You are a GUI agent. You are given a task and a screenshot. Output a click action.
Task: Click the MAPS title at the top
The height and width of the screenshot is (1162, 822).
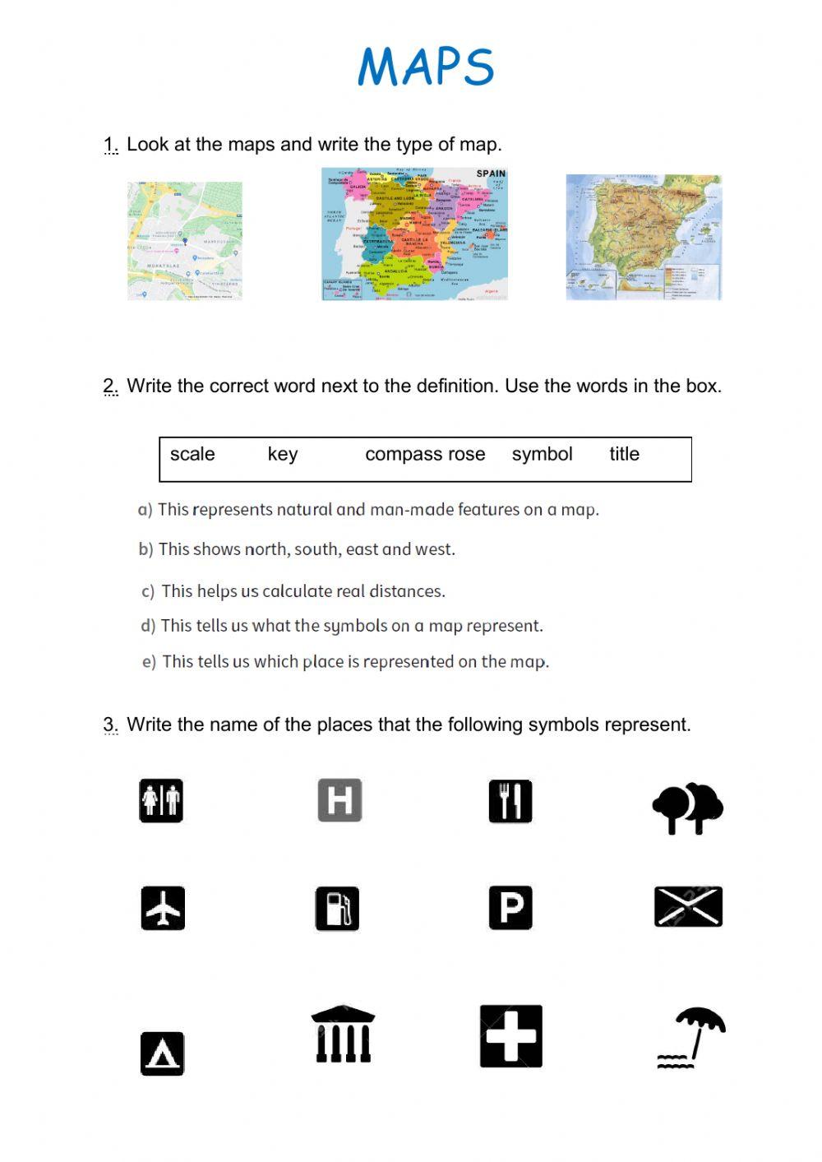click(x=426, y=67)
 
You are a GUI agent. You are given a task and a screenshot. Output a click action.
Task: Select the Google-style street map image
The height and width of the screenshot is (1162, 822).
click(x=185, y=241)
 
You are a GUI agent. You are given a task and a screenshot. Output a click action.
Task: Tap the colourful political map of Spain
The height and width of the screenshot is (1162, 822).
click(x=414, y=234)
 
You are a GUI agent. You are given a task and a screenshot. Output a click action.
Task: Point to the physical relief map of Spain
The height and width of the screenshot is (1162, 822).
click(x=644, y=237)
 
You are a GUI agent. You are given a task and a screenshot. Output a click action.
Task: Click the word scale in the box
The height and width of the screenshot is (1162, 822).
click(x=192, y=454)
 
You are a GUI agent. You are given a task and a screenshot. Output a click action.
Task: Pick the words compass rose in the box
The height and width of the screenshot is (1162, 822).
click(x=425, y=454)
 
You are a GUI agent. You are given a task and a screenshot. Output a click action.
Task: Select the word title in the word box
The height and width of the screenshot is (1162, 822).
click(x=624, y=454)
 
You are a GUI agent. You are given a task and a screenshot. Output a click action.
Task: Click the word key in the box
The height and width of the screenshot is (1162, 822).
click(x=283, y=454)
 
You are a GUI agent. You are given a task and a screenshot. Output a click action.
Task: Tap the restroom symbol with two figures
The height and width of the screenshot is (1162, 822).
click(x=161, y=801)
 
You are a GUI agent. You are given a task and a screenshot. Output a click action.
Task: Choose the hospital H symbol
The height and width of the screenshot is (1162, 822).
click(x=339, y=800)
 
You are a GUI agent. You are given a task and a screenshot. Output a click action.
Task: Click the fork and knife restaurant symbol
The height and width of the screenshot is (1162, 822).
click(x=510, y=802)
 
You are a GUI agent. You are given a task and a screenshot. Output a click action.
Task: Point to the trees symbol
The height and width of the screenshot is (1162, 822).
click(x=687, y=808)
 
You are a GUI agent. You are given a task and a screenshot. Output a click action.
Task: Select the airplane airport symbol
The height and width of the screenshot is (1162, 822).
click(x=163, y=908)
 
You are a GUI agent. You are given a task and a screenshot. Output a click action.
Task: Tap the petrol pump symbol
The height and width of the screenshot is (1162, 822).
click(x=337, y=909)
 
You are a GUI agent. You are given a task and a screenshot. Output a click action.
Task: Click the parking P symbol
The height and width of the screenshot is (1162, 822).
click(x=510, y=908)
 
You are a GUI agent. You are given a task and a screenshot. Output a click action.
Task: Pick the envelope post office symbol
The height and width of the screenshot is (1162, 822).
click(x=688, y=907)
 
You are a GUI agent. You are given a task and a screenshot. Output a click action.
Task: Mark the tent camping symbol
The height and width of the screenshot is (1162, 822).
click(x=162, y=1053)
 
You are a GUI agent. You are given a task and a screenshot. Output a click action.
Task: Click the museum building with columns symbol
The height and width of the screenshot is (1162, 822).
click(x=343, y=1035)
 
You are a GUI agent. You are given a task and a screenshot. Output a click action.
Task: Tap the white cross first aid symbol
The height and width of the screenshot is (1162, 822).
click(x=511, y=1036)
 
